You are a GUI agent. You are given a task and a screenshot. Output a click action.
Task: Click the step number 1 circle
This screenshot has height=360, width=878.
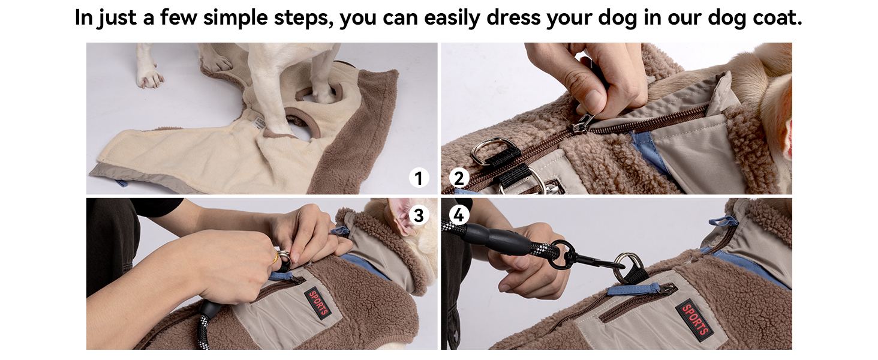(x=419, y=178)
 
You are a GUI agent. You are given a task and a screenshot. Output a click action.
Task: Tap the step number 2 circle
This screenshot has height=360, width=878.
(x=459, y=178)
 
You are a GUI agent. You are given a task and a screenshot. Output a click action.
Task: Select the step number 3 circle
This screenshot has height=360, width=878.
(x=419, y=215)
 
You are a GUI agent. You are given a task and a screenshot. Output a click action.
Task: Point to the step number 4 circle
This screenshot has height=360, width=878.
(x=459, y=215)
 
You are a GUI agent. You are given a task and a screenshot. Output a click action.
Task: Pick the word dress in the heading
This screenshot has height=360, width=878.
(x=513, y=17)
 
